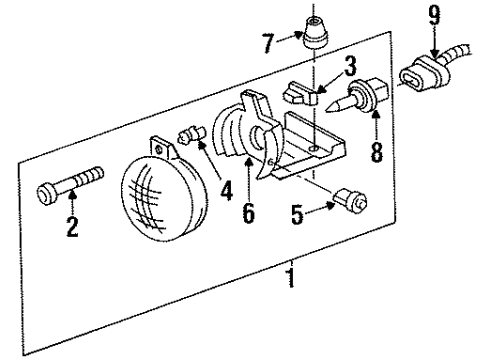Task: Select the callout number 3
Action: point(349,67)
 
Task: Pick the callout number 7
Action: point(267,44)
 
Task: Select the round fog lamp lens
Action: point(155,201)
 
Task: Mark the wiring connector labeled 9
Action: point(421,77)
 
